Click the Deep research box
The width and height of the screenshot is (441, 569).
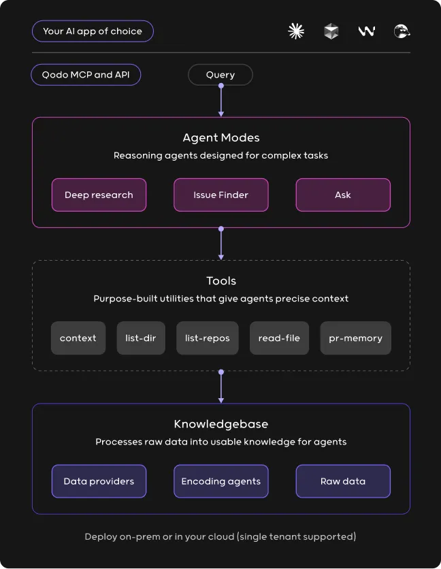pyautogui.click(x=99, y=195)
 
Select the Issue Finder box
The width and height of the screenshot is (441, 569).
pyautogui.click(x=220, y=195)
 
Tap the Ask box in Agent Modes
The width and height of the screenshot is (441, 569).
pyautogui.click(x=343, y=195)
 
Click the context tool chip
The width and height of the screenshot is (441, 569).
pyautogui.click(x=78, y=338)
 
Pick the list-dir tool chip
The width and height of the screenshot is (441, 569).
pyautogui.click(x=141, y=338)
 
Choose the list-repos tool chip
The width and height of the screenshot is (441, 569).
pyautogui.click(x=208, y=338)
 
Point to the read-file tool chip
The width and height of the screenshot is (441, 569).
pyautogui.click(x=279, y=338)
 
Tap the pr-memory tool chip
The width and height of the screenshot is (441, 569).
pyautogui.click(x=355, y=338)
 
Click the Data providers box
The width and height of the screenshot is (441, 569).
pyautogui.click(x=99, y=481)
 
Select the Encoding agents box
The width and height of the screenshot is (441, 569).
pyautogui.click(x=220, y=481)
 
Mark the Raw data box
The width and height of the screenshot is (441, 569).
pyautogui.click(x=343, y=481)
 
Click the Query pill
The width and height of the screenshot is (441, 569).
pyautogui.click(x=220, y=75)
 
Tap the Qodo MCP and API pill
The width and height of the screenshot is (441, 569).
pyautogui.click(x=86, y=75)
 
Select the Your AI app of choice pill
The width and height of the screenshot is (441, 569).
pyautogui.click(x=93, y=31)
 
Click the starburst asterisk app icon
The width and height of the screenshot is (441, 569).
pyautogui.click(x=296, y=31)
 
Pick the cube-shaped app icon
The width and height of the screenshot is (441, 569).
pyautogui.click(x=331, y=31)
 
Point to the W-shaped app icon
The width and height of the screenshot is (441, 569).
pyautogui.click(x=367, y=31)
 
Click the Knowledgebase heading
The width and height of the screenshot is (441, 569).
pyautogui.click(x=220, y=424)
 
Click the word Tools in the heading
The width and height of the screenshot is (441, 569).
pyautogui.click(x=221, y=281)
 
